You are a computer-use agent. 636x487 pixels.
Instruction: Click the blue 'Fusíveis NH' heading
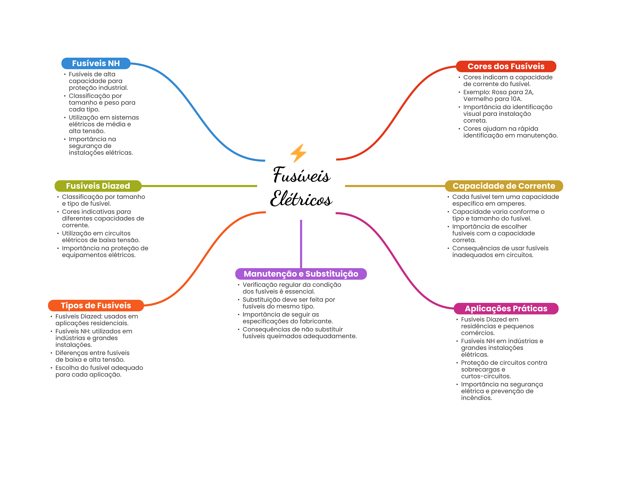(x=96, y=63)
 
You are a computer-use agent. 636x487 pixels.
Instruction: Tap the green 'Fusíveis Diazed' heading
(x=98, y=186)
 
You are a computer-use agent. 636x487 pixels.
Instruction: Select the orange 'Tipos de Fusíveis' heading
(x=96, y=305)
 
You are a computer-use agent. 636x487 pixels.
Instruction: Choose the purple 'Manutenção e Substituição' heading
(x=301, y=274)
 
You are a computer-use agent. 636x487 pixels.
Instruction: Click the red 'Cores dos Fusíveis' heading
(x=506, y=66)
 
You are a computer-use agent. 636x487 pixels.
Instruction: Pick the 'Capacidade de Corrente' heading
(x=504, y=186)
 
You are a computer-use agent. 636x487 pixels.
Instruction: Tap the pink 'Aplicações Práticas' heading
(x=506, y=309)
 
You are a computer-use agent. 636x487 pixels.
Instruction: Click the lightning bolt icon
(x=298, y=153)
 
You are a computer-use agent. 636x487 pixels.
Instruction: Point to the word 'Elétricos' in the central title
(x=301, y=199)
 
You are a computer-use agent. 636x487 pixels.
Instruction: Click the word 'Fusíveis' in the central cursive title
(x=302, y=175)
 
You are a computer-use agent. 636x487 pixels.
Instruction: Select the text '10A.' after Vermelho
(x=516, y=99)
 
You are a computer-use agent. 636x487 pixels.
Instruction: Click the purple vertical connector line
(x=301, y=244)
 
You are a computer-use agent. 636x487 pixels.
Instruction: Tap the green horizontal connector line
(x=199, y=186)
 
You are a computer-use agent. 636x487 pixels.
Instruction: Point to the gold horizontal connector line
(x=395, y=186)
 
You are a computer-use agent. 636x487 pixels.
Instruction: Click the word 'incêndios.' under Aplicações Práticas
(x=476, y=398)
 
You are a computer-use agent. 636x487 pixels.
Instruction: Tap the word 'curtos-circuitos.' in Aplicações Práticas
(x=486, y=376)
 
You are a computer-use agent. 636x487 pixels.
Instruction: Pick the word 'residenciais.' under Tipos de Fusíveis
(x=110, y=323)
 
